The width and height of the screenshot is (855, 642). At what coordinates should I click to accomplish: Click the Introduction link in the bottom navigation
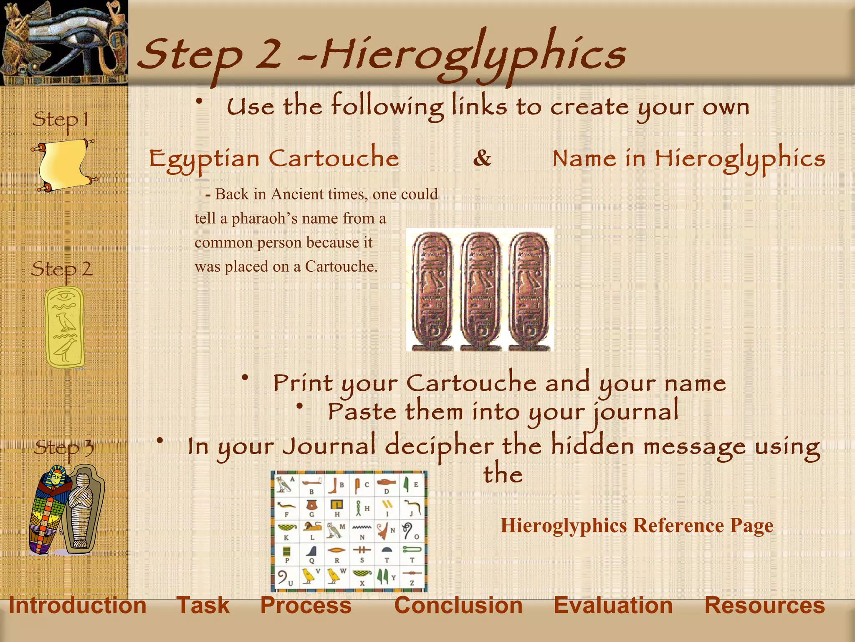click(78, 606)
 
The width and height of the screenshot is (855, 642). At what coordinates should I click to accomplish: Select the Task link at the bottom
click(203, 606)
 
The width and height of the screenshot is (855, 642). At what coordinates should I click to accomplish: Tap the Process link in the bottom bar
click(306, 606)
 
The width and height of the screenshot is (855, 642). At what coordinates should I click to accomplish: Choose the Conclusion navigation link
click(458, 606)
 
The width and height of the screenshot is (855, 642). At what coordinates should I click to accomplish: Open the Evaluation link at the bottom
click(613, 606)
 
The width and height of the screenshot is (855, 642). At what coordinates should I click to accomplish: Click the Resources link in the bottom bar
click(764, 606)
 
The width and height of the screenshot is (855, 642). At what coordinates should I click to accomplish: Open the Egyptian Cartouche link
click(274, 159)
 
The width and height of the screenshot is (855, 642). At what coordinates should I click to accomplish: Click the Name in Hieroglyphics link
click(689, 159)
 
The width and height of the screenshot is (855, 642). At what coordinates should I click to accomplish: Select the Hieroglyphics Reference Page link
click(637, 525)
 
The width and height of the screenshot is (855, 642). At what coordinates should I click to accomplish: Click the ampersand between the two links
click(482, 158)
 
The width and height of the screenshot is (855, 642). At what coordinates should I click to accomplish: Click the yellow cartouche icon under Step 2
click(65, 327)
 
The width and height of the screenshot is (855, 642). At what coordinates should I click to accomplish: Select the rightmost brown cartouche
click(529, 290)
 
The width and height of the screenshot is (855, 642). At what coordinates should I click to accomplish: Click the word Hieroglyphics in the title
click(472, 54)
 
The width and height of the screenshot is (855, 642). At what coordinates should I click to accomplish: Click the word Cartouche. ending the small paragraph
click(341, 267)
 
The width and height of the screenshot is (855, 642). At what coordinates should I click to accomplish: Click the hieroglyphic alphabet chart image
click(349, 531)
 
